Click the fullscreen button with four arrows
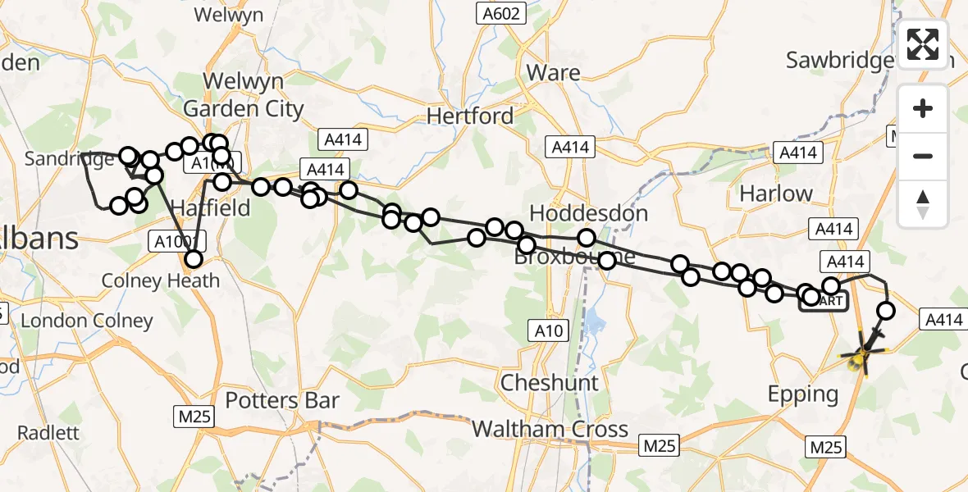pos(923,44)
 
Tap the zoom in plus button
pos(923,109)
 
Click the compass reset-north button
pos(923,204)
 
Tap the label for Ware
pos(553,73)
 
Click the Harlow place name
pos(775,194)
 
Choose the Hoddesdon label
pos(588,213)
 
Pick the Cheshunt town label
pos(550,383)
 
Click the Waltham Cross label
pos(551,429)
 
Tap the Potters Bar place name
pos(281,401)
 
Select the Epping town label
pos(802,394)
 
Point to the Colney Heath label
pos(161,281)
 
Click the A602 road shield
pos(497,12)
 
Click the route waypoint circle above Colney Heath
pos(193,260)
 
